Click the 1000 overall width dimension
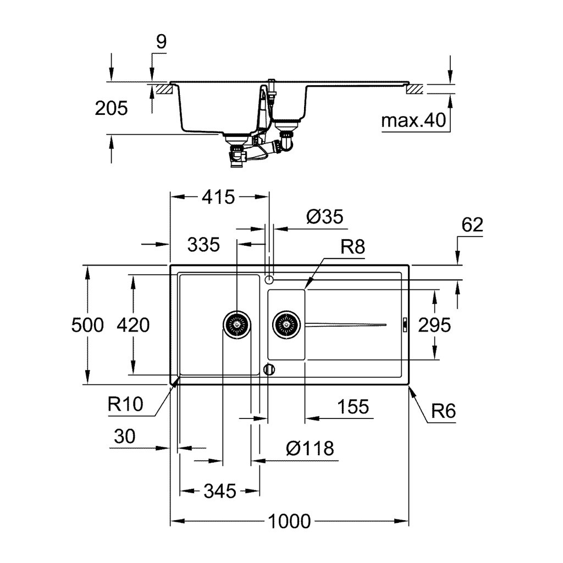(x=289, y=521)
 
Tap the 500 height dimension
(x=87, y=325)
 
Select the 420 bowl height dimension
(x=133, y=325)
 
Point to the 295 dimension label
(x=434, y=325)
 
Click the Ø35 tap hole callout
(x=324, y=217)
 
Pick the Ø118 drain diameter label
(x=310, y=448)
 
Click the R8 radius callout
(x=352, y=247)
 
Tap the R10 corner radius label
(x=125, y=405)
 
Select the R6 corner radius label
(x=444, y=411)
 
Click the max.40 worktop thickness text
(x=413, y=121)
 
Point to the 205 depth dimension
(x=111, y=108)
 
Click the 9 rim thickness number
(x=161, y=42)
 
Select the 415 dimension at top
(x=219, y=196)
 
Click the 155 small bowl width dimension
(x=352, y=407)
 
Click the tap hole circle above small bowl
(x=269, y=279)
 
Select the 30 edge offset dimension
(x=124, y=437)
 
